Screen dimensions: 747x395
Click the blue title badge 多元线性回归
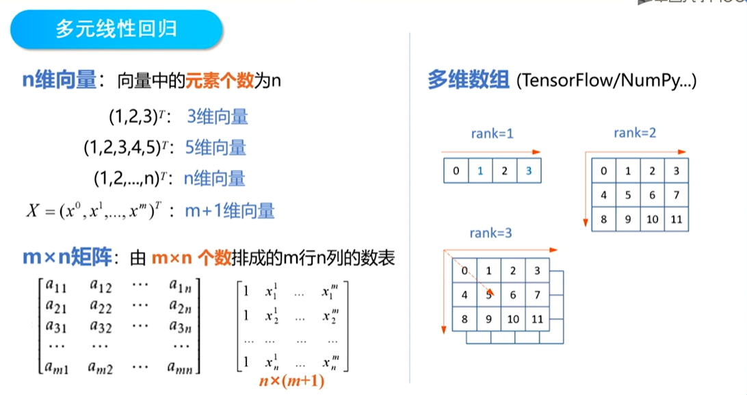point(116,29)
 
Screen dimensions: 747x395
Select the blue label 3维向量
point(218,116)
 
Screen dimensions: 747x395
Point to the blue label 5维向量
point(216,147)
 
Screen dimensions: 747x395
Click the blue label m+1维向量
point(230,211)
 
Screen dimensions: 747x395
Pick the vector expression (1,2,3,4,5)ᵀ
point(126,147)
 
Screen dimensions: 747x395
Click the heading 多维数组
point(469,81)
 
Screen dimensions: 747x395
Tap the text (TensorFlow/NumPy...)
point(607,81)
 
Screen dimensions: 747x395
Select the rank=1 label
point(493,133)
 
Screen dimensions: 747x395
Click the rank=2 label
point(635,133)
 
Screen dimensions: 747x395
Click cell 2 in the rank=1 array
point(504,170)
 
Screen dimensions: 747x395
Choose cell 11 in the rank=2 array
point(676,220)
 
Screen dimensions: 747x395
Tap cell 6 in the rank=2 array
point(652,196)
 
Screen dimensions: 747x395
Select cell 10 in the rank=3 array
point(513,319)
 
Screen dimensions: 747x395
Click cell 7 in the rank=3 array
point(537,295)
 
